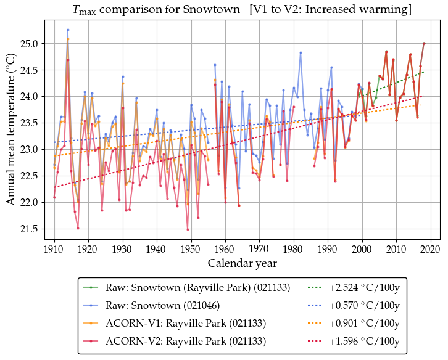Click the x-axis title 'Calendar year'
242,263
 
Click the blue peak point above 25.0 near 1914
68,30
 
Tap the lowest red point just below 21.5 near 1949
188,229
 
